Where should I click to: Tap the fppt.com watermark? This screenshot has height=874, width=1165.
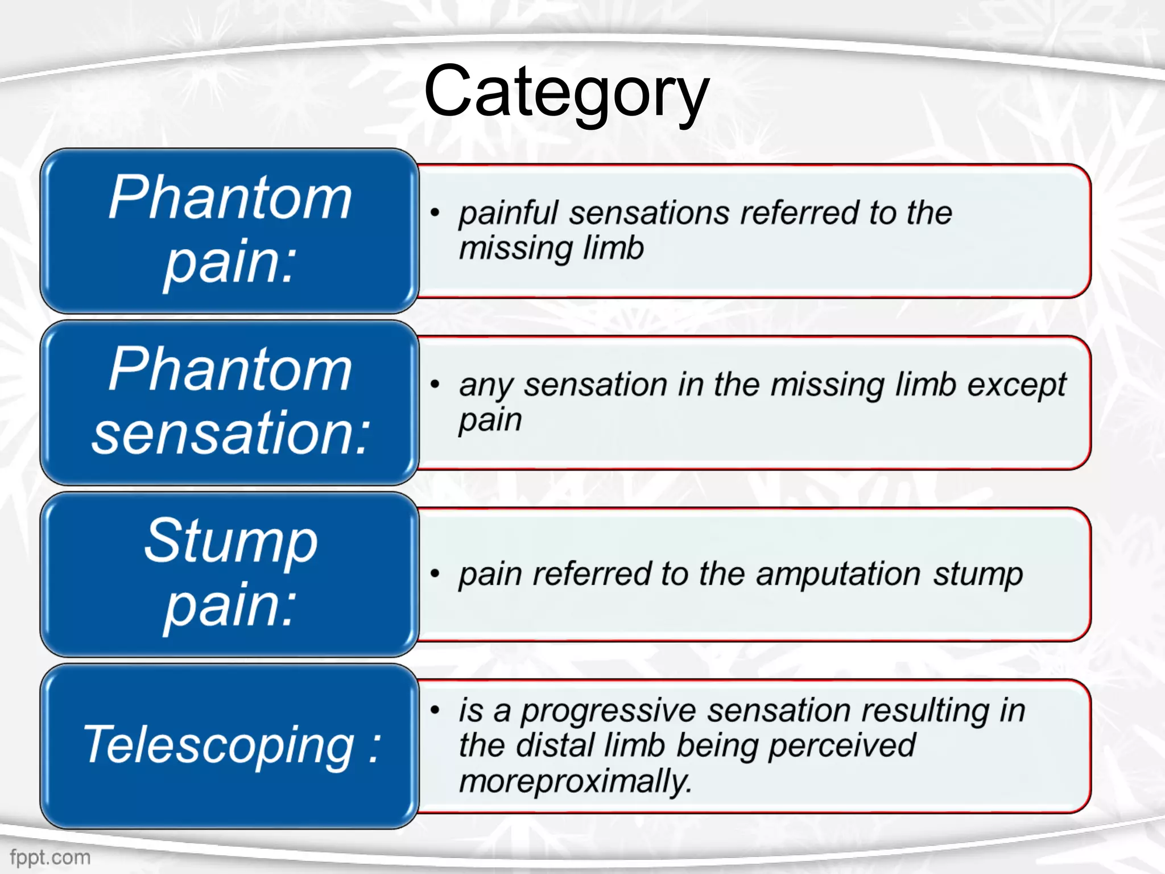pos(50,857)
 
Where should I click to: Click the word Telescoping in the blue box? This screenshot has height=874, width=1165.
pos(218,745)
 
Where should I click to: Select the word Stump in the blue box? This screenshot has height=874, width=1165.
pos(230,542)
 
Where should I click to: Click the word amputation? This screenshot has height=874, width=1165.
pos(837,574)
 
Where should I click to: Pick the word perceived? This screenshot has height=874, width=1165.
pos(842,745)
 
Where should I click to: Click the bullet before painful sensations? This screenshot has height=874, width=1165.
pos(435,213)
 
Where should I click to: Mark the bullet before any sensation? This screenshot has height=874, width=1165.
pos(435,385)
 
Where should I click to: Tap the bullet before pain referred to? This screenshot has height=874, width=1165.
pos(435,573)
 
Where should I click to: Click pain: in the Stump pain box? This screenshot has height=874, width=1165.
pos(230,605)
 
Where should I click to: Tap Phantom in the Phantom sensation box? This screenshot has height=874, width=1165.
pos(230,370)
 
